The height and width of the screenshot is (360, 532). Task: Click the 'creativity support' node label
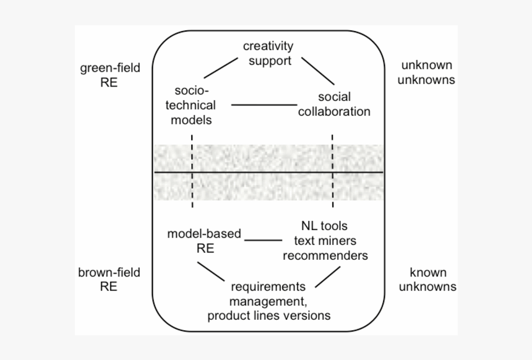(x=267, y=53)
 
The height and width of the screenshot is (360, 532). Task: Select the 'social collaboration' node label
(x=334, y=105)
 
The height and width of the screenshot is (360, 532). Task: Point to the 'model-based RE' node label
(x=204, y=241)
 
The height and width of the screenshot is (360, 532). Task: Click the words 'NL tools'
(x=324, y=225)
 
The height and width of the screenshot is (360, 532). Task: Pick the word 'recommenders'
(x=325, y=255)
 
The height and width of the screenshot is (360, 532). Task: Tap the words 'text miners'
(x=325, y=240)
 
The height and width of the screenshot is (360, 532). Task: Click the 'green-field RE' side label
(x=110, y=75)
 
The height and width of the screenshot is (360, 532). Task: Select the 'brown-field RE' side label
(x=109, y=279)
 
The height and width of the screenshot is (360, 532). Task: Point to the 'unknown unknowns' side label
(x=427, y=72)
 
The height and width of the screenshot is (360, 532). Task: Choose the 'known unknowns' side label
(x=427, y=279)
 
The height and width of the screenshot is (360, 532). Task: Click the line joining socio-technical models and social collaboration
(x=264, y=105)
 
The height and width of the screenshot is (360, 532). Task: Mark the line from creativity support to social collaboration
(x=318, y=72)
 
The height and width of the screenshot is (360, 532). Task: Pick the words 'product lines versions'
(x=268, y=315)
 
